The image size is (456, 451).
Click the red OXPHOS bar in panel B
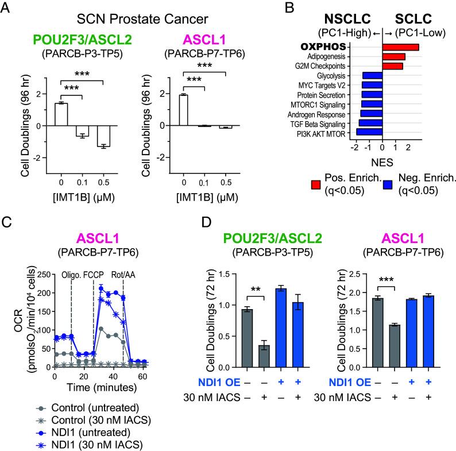pyautogui.click(x=400, y=47)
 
